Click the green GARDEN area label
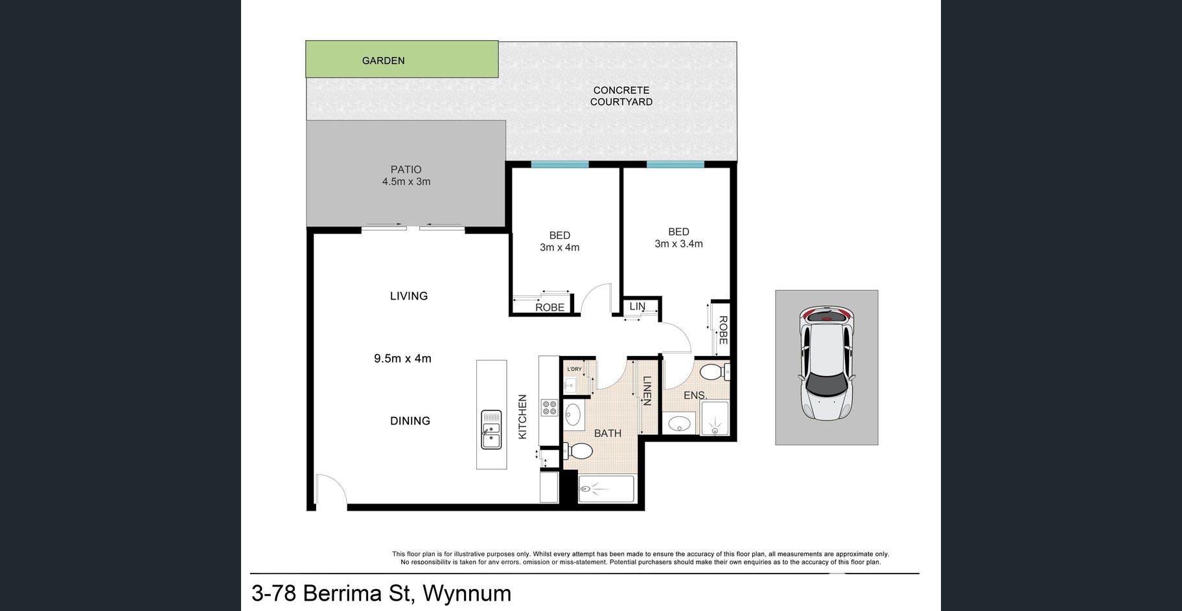(383, 61)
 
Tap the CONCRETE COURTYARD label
(621, 96)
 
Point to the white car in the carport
(827, 363)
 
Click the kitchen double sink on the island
(491, 430)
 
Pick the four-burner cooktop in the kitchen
(550, 408)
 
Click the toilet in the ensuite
(715, 372)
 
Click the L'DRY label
(574, 369)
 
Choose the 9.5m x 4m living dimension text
(402, 359)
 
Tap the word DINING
(410, 421)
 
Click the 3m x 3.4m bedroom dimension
(678, 244)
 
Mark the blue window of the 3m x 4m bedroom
(560, 164)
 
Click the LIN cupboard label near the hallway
(638, 306)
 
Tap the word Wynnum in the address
(467, 593)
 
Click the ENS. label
(695, 395)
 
